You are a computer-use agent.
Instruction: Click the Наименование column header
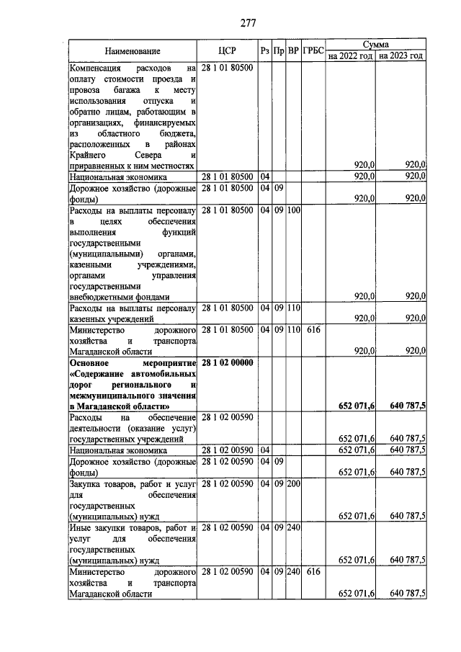click(x=132, y=51)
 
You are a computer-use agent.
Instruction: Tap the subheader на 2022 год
click(x=349, y=55)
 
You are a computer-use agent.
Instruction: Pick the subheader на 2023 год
click(x=400, y=55)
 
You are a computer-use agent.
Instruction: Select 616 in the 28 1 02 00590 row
click(x=312, y=570)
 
